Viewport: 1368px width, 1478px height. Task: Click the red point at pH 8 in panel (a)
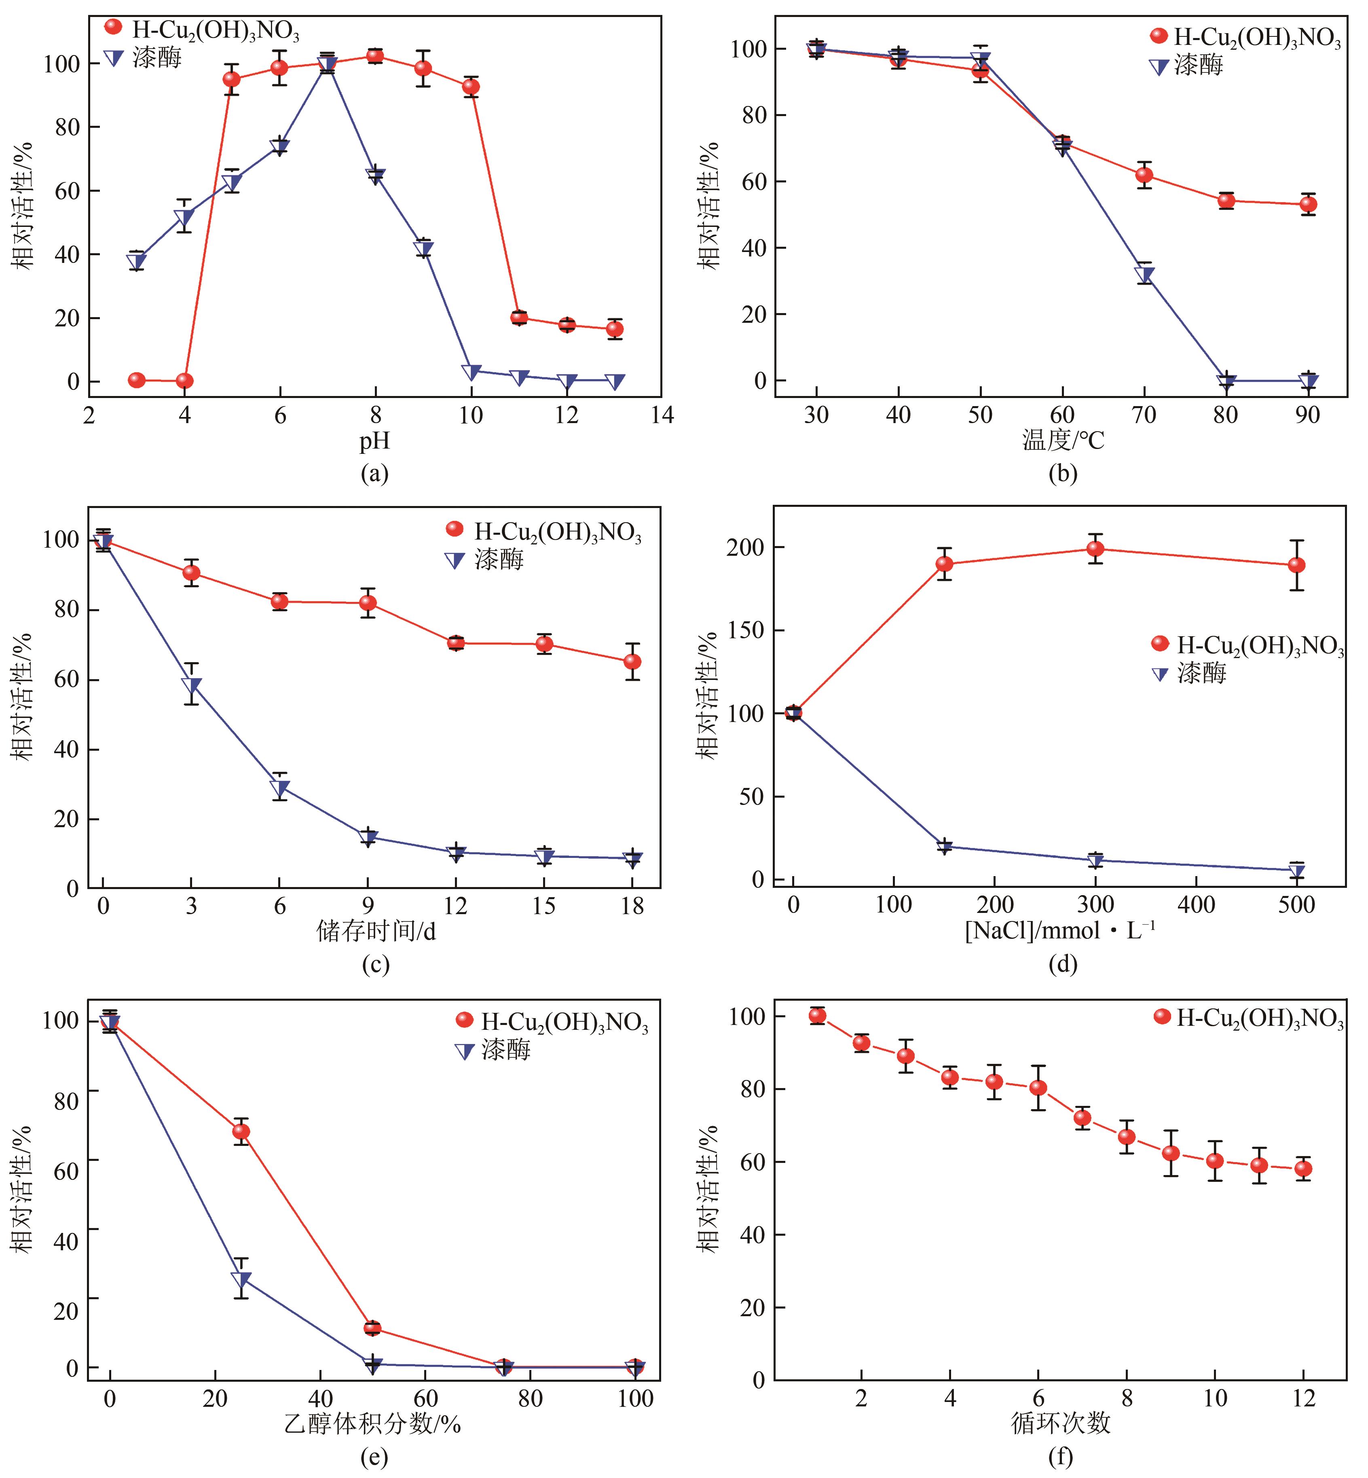[x=375, y=56]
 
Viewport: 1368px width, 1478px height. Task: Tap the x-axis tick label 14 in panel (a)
[x=662, y=415]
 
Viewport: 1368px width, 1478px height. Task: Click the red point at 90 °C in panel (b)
[x=1308, y=204]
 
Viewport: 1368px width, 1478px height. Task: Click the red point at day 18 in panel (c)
[x=632, y=661]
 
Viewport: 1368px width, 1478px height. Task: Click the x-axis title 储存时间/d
[x=376, y=931]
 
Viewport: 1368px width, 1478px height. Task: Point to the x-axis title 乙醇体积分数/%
[x=373, y=1423]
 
